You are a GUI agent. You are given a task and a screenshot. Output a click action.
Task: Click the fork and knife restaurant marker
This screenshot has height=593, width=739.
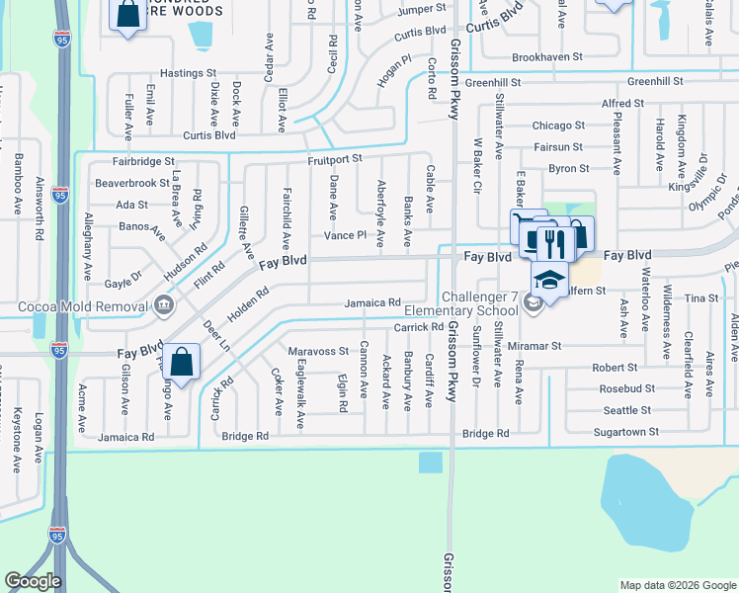click(547, 240)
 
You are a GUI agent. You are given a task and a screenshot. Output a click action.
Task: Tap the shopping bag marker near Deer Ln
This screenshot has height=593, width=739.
click(182, 362)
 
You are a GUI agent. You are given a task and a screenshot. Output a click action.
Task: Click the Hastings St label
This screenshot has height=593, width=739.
click(188, 73)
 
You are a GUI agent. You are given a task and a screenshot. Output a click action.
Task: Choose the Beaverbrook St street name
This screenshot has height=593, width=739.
click(132, 183)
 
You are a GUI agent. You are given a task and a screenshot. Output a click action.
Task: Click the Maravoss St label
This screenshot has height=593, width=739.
click(318, 351)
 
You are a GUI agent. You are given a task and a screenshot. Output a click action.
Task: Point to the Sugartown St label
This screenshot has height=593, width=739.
click(625, 433)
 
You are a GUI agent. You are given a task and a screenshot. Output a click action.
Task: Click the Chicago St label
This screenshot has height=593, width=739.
click(558, 126)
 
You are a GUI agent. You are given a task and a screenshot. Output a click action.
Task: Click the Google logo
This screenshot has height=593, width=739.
click(33, 581)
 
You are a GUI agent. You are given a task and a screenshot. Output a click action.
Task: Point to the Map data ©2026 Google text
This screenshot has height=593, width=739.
click(678, 585)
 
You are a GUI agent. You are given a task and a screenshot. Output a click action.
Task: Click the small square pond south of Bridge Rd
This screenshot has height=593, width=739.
click(430, 463)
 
